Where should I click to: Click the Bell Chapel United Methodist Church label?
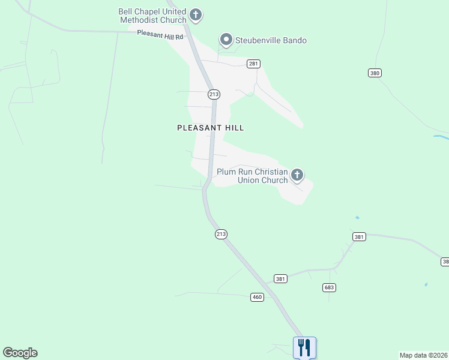(x=152, y=16)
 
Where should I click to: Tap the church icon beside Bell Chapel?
(x=195, y=14)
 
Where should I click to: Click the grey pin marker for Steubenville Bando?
(x=226, y=40)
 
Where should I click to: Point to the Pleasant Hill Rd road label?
(x=160, y=35)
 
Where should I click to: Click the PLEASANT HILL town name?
(x=210, y=128)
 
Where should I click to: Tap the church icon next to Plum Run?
(x=297, y=175)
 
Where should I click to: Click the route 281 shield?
(x=253, y=64)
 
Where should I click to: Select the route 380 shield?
(x=375, y=73)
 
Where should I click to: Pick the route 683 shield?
(x=329, y=288)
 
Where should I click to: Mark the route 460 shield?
(x=257, y=297)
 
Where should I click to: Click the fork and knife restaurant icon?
(x=304, y=347)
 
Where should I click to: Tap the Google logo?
(x=20, y=353)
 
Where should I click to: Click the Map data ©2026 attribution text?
(x=423, y=355)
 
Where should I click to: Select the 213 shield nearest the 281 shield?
(x=214, y=94)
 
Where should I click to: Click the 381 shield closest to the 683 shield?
(x=280, y=278)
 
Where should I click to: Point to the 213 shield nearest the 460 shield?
(x=221, y=235)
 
